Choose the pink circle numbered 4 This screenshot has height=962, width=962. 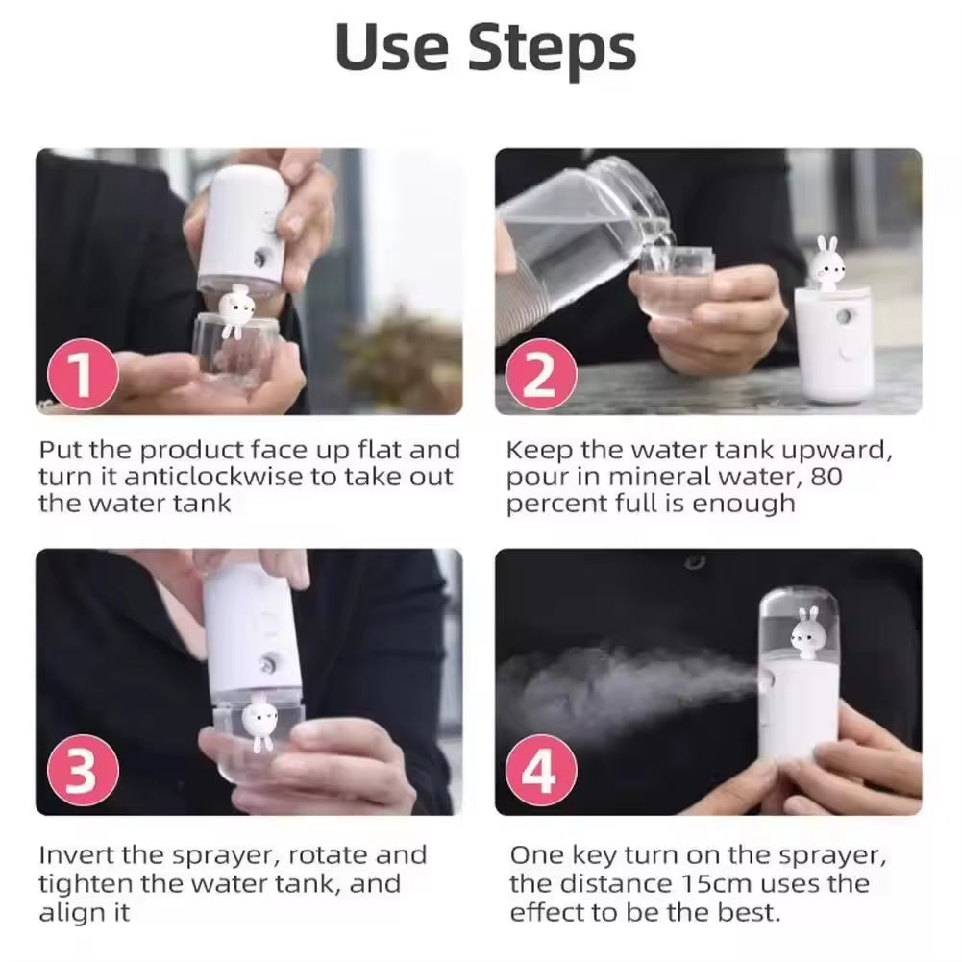[539, 772]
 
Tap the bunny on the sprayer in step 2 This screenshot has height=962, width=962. [825, 261]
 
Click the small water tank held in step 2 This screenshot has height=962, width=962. [676, 281]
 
